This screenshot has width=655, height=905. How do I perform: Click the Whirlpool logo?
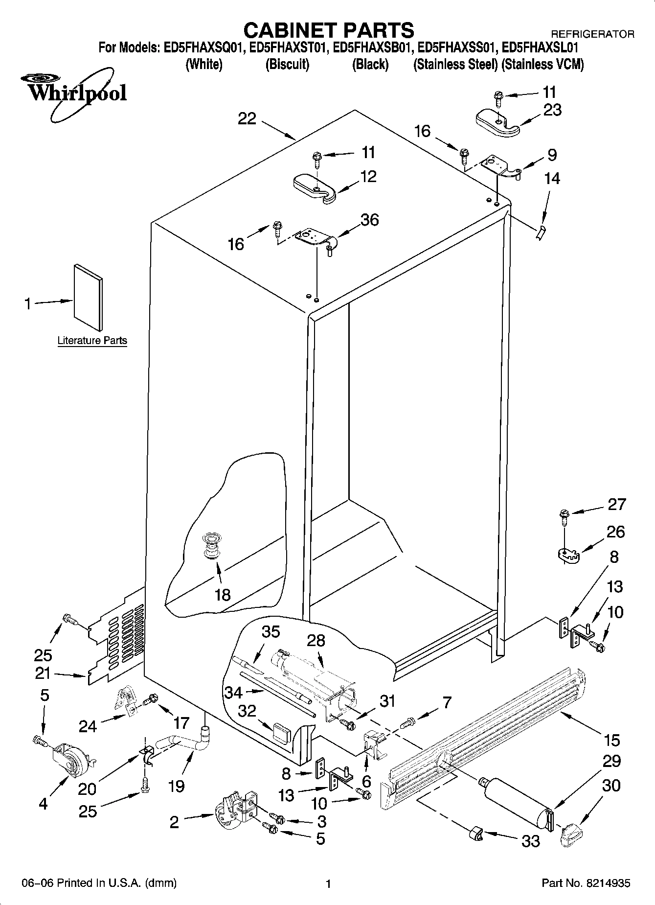73,93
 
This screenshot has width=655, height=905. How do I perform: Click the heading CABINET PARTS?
328,30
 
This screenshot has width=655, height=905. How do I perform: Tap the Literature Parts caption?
92,340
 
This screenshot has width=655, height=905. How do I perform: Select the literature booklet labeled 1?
89,297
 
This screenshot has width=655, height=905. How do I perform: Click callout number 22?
247,118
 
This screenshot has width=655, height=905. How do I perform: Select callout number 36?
369,220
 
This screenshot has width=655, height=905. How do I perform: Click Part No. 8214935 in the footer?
586,883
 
